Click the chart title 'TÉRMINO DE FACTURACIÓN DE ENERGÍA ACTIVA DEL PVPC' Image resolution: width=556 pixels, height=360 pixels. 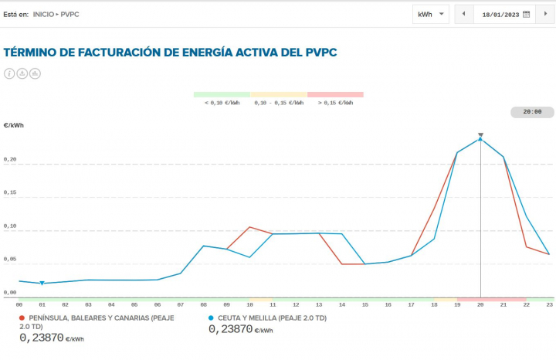tap(170, 53)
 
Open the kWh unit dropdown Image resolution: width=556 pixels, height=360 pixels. tap(431, 14)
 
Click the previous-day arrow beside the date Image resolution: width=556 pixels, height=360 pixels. tap(463, 14)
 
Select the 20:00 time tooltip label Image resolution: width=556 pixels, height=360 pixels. tap(532, 112)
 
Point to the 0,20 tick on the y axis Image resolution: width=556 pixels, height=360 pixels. tap(10, 161)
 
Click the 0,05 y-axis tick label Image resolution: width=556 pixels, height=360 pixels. tap(10, 260)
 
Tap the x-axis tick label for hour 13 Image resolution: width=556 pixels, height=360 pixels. tap(319, 305)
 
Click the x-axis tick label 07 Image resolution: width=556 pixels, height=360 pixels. tap(181, 305)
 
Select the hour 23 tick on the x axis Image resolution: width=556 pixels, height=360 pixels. tap(549, 305)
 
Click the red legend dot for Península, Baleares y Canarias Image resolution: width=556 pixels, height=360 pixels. tap(22, 318)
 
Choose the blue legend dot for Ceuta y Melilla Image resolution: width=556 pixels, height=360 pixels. tap(211, 318)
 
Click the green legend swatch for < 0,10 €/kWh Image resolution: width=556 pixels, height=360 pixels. tap(222, 94)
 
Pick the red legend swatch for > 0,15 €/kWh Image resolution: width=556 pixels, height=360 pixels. tap(335, 94)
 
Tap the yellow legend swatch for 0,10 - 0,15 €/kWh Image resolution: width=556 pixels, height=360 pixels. tap(278, 94)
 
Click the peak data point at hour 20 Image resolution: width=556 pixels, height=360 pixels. tap(480, 139)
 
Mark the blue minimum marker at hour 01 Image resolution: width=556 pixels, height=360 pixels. tap(42, 284)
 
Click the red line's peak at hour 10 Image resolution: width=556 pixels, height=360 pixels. tap(249, 227)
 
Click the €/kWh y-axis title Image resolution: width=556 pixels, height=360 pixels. tap(13, 124)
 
